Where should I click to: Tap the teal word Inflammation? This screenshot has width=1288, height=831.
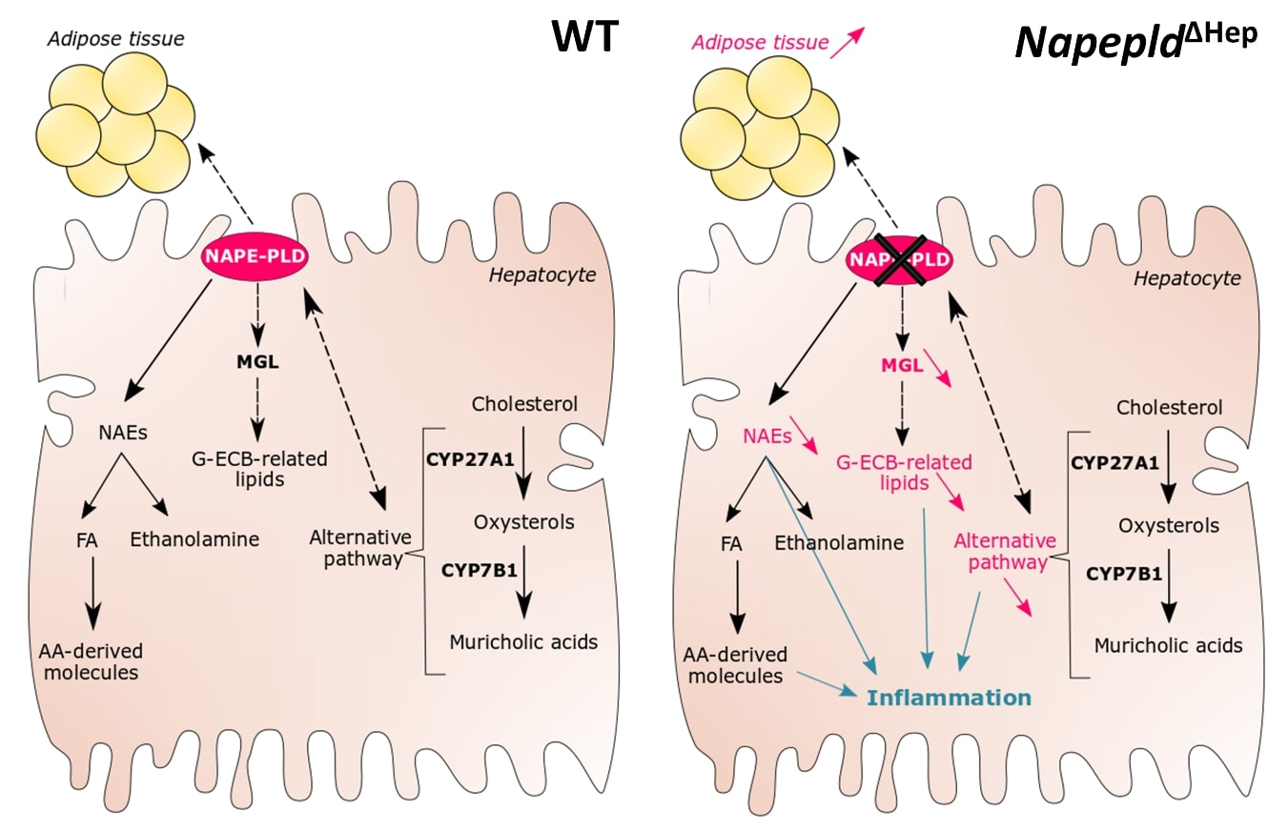(949, 698)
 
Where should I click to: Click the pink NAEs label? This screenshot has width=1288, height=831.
(769, 437)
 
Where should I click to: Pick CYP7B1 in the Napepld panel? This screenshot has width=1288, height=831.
(1123, 574)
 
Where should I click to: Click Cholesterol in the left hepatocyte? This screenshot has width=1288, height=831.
(524, 403)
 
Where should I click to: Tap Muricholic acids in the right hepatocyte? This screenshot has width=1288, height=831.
(1168, 645)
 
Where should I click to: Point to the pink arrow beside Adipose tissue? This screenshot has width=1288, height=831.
(847, 43)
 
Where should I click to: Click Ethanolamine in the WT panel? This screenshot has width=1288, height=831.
(194, 539)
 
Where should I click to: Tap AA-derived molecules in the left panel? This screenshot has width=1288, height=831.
(91, 662)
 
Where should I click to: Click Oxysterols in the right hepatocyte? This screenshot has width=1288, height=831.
(1169, 526)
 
